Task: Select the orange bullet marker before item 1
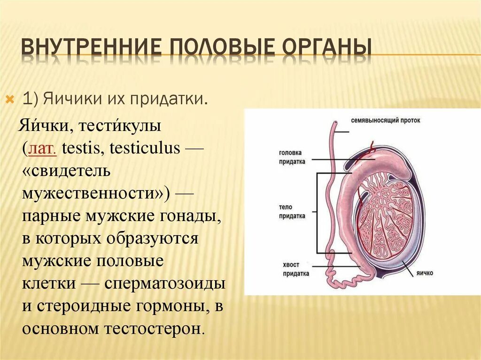pos(9,100)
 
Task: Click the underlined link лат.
pos(43,149)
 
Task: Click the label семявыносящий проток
pos(386,121)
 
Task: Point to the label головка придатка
pos(292,157)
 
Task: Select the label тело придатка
pos(292,211)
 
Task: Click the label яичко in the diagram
pos(424,273)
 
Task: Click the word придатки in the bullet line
pos(178,100)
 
